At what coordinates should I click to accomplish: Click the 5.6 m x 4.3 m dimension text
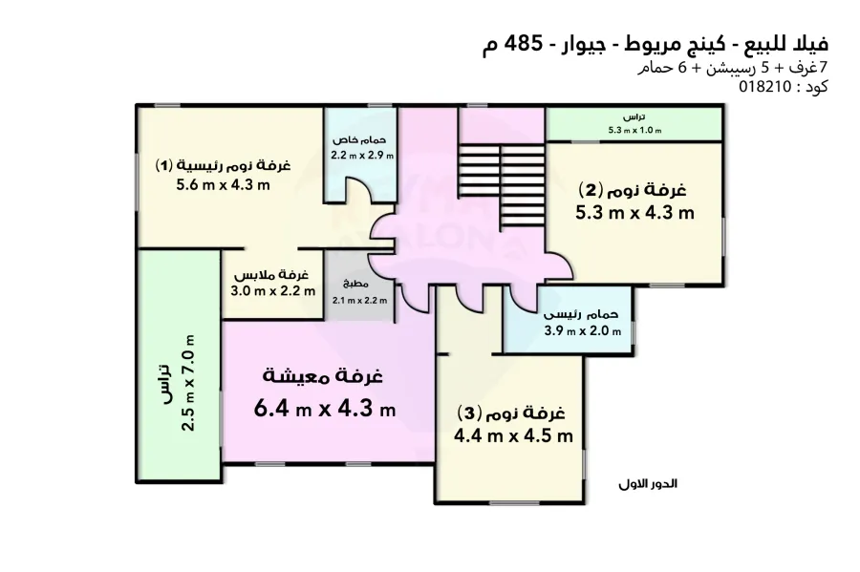[x=223, y=185]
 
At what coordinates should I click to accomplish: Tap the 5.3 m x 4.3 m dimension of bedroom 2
[x=634, y=212]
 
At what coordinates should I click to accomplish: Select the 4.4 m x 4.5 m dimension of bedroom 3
[x=514, y=436]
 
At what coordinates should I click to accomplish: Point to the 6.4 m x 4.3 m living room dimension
[x=325, y=410]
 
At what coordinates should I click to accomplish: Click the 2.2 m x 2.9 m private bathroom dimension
[x=362, y=154]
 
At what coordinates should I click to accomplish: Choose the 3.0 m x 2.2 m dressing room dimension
[x=272, y=292]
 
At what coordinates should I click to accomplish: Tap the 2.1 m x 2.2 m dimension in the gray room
[x=359, y=300]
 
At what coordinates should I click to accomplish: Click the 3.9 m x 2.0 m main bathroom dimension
[x=583, y=331]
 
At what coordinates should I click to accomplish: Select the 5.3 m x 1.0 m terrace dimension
[x=634, y=131]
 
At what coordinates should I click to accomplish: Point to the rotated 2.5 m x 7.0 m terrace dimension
[x=189, y=382]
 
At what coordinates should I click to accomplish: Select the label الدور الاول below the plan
[x=647, y=484]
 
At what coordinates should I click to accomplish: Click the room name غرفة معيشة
[x=324, y=376]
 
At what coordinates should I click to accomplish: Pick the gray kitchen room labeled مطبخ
[x=358, y=286]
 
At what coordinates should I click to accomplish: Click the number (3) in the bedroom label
[x=468, y=413]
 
